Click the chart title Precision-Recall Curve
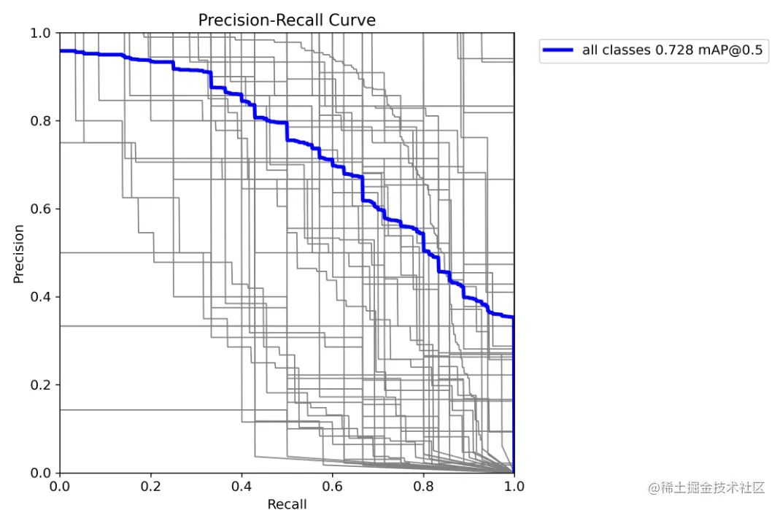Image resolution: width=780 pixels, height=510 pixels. coord(287,20)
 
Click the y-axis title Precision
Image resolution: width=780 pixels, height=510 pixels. coord(19,253)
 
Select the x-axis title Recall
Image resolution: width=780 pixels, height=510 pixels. coord(287,503)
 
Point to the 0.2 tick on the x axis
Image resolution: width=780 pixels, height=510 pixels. coord(151,486)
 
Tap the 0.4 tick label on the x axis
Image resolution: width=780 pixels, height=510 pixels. coord(242,486)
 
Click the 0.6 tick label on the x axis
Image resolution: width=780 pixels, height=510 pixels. coord(333,486)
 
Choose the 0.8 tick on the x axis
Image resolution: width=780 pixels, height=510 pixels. coord(423,486)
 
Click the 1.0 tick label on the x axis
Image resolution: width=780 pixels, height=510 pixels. coord(514,486)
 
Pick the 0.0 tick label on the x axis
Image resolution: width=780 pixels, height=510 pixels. coord(61,486)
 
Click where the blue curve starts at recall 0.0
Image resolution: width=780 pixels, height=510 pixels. coord(61,51)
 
